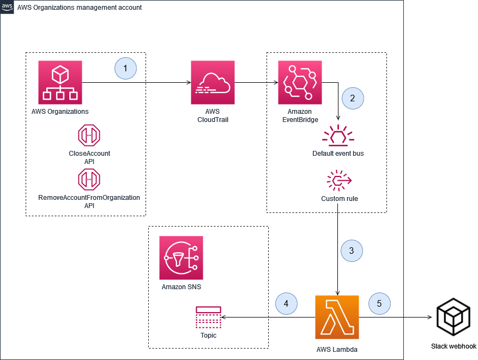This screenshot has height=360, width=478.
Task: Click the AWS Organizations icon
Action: point(60,82)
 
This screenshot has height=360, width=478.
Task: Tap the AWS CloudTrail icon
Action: point(213,82)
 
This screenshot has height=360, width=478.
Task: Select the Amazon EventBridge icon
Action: point(300,82)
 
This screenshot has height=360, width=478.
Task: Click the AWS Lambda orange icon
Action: point(337,317)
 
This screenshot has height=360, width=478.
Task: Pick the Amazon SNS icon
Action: point(181,258)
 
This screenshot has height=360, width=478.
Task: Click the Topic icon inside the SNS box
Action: point(208,318)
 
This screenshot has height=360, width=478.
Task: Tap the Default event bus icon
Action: point(338,136)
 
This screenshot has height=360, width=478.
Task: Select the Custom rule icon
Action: point(339,180)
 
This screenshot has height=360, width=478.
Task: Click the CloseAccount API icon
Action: point(89,136)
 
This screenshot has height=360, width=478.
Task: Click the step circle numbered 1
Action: point(125,69)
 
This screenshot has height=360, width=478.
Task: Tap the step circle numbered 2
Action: point(352,99)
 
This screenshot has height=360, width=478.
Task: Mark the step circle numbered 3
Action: point(352,251)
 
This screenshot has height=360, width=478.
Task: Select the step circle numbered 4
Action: point(287,303)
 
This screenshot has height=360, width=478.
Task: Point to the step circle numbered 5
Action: point(379,303)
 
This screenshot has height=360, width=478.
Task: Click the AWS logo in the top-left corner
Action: point(7,7)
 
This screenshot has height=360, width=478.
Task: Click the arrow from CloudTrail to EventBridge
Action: point(256,83)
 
